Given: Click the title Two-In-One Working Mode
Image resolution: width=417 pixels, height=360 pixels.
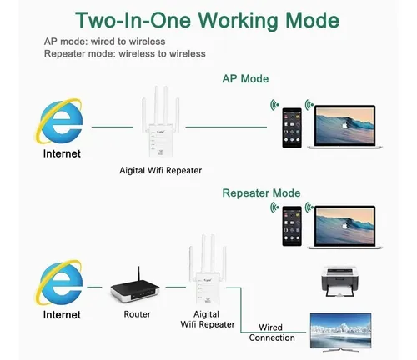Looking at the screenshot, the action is (207, 20).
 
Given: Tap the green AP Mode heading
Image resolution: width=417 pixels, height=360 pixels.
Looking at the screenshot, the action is (245, 79).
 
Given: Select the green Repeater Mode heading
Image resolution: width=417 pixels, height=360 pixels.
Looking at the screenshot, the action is (261, 193).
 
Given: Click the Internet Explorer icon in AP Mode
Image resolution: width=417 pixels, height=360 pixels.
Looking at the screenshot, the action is (59, 121).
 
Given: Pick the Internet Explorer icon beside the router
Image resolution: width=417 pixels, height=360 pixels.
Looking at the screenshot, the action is (59, 282).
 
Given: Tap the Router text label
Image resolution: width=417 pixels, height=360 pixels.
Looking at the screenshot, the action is (137, 314).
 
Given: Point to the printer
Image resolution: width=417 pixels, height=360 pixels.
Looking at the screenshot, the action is (339, 282).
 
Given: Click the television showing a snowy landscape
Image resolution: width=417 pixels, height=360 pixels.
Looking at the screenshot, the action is (341, 332).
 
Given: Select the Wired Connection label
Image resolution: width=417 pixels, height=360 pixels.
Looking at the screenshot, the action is (272, 332).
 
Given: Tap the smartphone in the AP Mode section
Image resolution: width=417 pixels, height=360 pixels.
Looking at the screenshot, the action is (292, 127).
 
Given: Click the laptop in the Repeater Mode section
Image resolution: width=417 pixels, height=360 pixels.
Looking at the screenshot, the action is (344, 227).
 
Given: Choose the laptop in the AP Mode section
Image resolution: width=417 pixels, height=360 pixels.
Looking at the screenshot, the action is (344, 127).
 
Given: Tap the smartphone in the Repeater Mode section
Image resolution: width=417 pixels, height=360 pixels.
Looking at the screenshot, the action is (292, 226).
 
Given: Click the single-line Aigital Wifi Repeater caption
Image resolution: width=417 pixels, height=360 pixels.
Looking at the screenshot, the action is (160, 170).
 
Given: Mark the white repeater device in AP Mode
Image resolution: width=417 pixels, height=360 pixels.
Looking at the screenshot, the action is (161, 122).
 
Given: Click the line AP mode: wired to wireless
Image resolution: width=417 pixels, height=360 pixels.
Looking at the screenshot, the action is (104, 42).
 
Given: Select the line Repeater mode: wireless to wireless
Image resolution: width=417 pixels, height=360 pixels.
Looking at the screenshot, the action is (125, 53).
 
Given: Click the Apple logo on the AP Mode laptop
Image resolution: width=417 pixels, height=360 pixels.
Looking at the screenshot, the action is (344, 125).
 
